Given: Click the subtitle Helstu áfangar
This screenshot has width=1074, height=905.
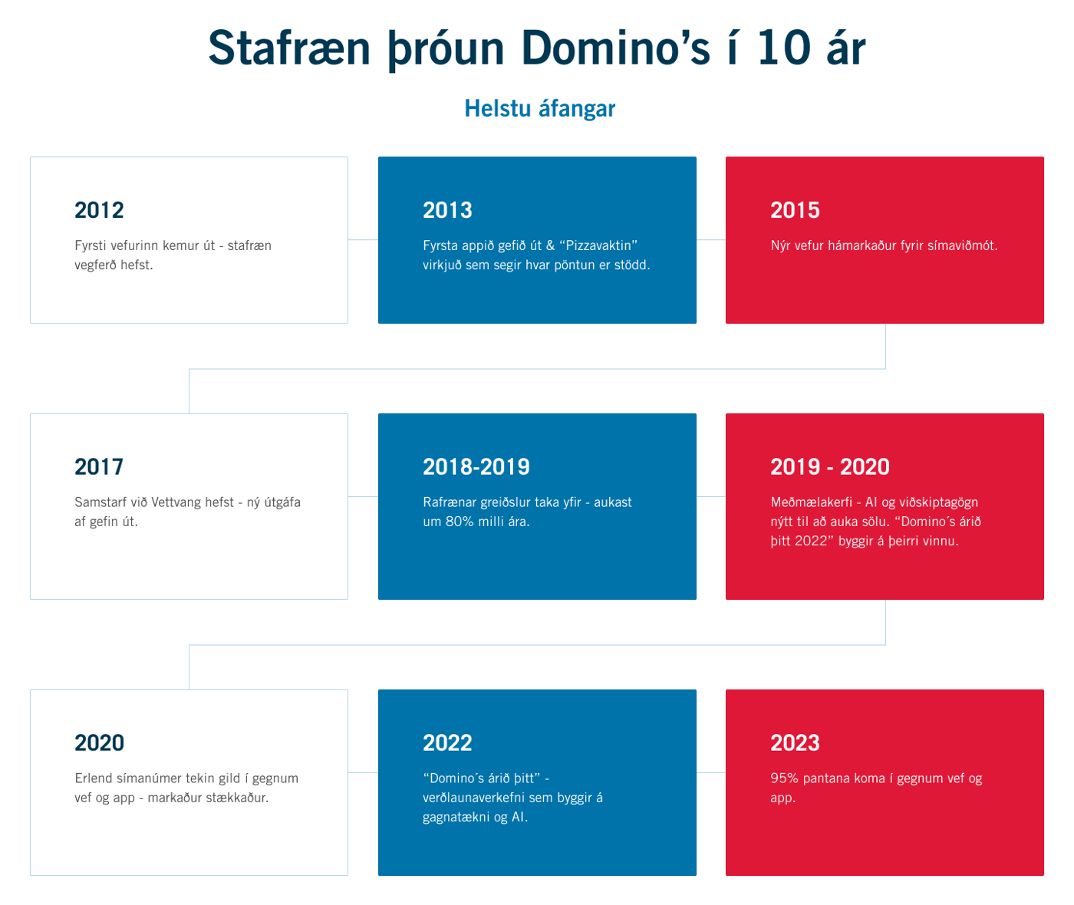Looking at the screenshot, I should [x=539, y=109].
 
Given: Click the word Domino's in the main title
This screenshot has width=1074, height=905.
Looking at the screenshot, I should [x=615, y=48].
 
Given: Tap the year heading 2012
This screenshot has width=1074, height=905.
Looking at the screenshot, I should [x=99, y=210].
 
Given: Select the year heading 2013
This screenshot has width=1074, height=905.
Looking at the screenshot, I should [x=447, y=210].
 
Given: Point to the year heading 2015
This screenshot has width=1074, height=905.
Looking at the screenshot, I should [x=795, y=210].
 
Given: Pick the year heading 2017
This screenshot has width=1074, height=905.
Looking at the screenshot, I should [x=99, y=467].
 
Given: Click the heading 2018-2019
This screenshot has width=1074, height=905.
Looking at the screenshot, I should [x=476, y=467].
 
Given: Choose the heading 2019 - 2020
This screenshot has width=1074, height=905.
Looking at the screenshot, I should [x=830, y=467].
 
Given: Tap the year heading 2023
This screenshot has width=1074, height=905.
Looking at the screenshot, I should [x=795, y=743].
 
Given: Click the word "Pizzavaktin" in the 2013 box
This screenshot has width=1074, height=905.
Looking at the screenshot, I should [x=598, y=246].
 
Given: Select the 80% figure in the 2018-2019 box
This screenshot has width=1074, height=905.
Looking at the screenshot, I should [x=463, y=522].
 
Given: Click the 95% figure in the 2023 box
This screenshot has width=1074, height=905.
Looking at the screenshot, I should [x=784, y=778].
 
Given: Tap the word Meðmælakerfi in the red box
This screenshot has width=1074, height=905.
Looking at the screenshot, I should [x=811, y=502].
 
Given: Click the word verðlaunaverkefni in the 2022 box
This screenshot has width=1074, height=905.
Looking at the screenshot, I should [x=473, y=798].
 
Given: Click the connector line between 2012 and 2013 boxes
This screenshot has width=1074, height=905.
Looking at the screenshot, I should [x=363, y=240].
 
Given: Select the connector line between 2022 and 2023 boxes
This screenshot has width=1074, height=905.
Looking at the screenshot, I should [x=711, y=772].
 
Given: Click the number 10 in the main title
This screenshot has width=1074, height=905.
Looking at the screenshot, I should [x=783, y=48].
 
